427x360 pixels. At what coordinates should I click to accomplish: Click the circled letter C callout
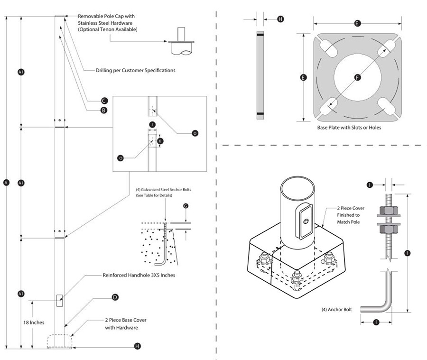(x=104, y=101)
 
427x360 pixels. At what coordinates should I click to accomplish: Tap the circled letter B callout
(x=104, y=110)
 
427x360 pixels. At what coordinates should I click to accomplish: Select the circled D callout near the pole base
(x=114, y=297)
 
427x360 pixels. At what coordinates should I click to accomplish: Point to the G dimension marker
(x=186, y=206)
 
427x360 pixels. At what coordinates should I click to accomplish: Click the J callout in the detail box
(x=152, y=124)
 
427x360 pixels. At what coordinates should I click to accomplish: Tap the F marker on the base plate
(x=357, y=77)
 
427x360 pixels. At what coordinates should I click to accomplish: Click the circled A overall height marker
(x=6, y=183)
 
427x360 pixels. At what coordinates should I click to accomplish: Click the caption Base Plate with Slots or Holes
(x=349, y=128)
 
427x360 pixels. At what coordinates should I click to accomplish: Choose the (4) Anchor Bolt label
(x=336, y=310)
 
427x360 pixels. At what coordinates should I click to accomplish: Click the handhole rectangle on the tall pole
(x=59, y=300)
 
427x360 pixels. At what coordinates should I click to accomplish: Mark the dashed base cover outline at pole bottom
(x=60, y=342)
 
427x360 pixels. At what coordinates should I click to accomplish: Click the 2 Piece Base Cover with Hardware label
(x=126, y=324)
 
